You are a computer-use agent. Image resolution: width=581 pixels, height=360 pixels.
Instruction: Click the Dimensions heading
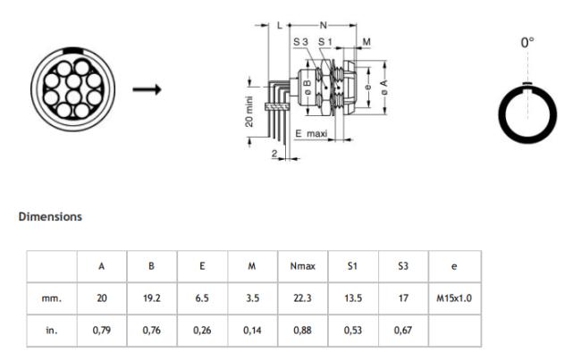pyautogui.click(x=50, y=217)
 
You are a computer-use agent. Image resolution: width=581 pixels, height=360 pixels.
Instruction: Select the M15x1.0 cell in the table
pyautogui.click(x=454, y=298)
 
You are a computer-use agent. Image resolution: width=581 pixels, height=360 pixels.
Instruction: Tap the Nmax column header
pyautogui.click(x=303, y=266)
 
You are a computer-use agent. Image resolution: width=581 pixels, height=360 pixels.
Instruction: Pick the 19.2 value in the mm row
pyautogui.click(x=152, y=298)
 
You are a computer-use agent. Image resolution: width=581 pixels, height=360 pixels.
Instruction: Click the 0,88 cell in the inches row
pyautogui.click(x=302, y=330)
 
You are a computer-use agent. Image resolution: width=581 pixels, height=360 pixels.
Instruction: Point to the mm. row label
pyautogui.click(x=52, y=298)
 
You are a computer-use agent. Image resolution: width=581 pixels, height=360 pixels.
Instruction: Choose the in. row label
pyautogui.click(x=52, y=330)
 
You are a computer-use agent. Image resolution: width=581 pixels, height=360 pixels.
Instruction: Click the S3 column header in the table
pyautogui.click(x=403, y=266)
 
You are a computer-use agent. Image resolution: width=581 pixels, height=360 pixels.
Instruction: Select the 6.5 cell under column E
pyautogui.click(x=202, y=298)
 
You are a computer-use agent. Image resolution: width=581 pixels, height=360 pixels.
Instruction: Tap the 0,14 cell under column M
pyautogui.click(x=252, y=330)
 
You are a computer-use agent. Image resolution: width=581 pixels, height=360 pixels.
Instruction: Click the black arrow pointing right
pyautogui.click(x=147, y=89)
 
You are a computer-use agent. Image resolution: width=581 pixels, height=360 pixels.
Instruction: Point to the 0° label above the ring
pyautogui.click(x=527, y=43)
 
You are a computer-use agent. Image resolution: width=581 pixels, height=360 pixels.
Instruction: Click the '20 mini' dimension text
pyautogui.click(x=249, y=112)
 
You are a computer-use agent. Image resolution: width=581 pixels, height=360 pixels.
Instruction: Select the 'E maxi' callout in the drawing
pyautogui.click(x=311, y=133)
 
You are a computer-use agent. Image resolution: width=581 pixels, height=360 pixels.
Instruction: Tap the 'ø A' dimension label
pyautogui.click(x=384, y=88)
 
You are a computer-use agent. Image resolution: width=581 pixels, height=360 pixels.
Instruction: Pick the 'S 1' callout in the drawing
pyautogui.click(x=325, y=42)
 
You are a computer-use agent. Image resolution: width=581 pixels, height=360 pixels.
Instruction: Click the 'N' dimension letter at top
pyautogui.click(x=324, y=25)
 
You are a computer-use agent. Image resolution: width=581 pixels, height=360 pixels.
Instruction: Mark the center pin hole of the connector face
pyautogui.click(x=73, y=81)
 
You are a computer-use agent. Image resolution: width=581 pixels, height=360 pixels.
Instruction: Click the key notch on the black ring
pyautogui.click(x=527, y=84)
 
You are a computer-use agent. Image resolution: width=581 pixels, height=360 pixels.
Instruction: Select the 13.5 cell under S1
pyautogui.click(x=353, y=298)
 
